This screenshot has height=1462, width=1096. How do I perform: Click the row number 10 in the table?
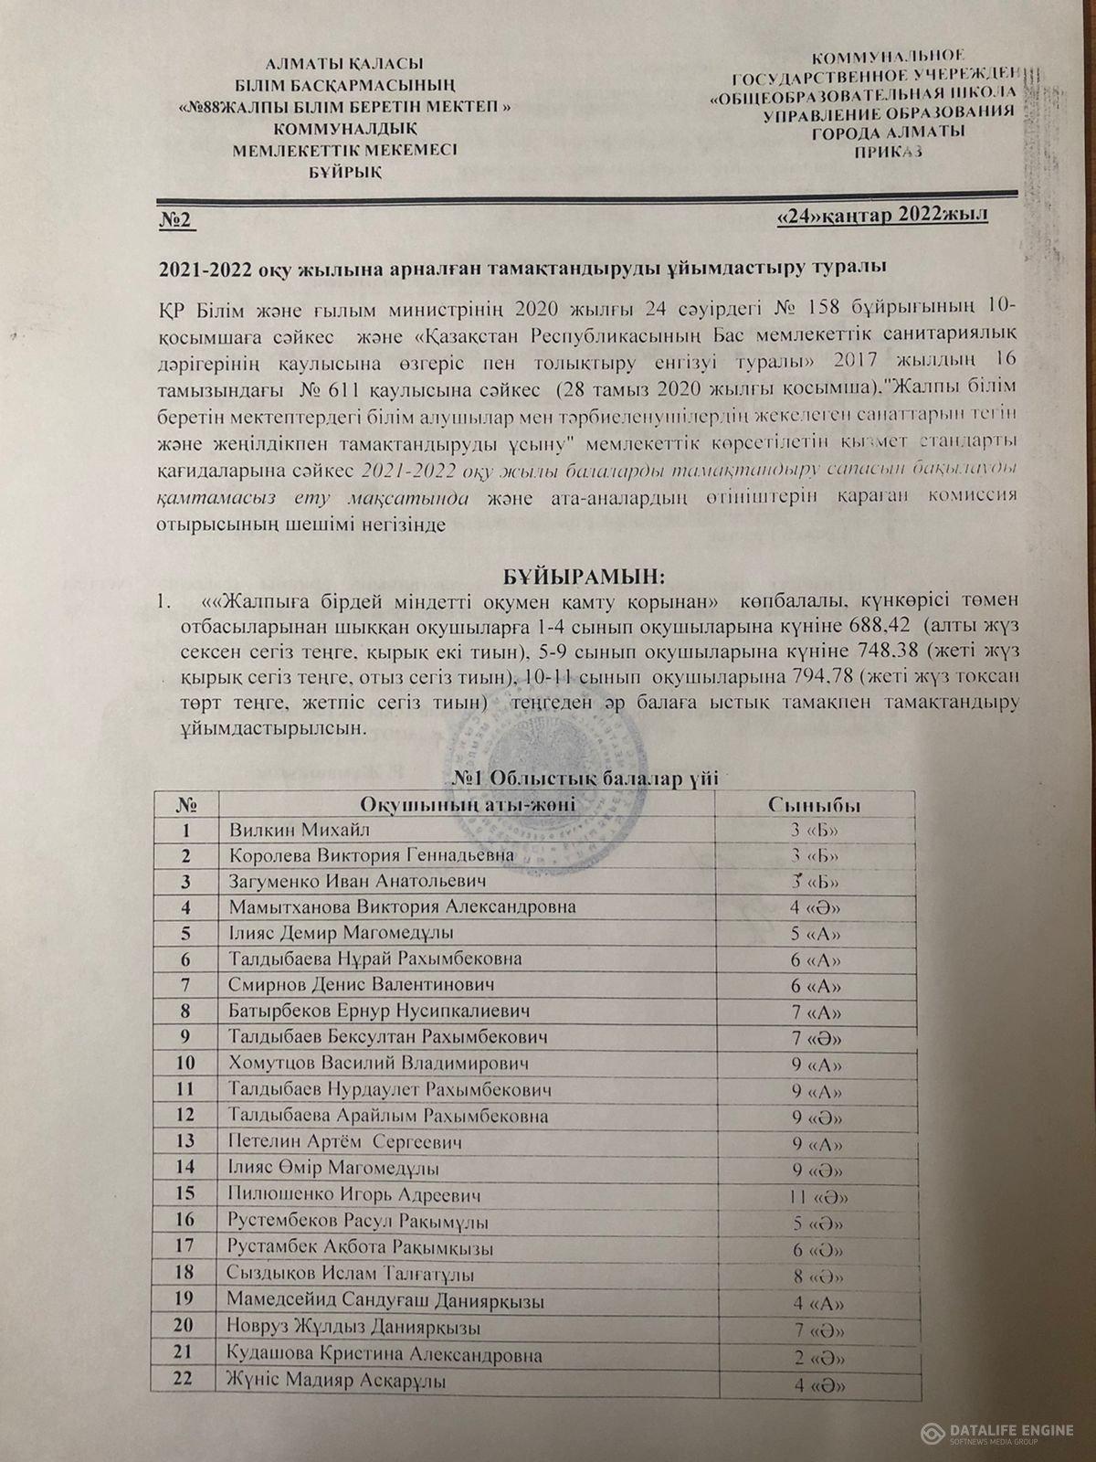coord(186,1063)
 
